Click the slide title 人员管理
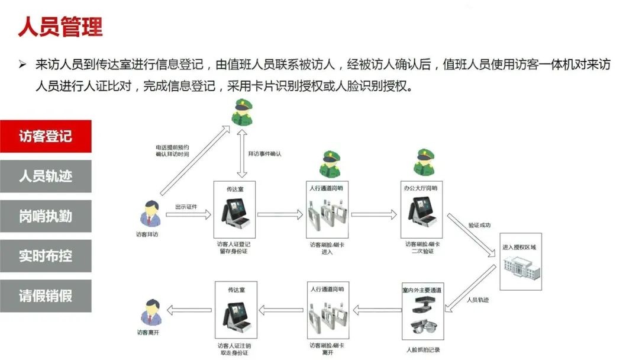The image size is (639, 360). (60, 27)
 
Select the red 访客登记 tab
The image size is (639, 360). (46, 136)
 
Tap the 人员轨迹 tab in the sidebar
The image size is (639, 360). (46, 176)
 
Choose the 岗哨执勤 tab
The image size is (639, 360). (46, 216)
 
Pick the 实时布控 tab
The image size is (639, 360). (46, 256)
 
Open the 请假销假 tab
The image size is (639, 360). (46, 296)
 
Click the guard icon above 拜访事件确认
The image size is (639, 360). (241, 112)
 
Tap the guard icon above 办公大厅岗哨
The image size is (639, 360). (424, 162)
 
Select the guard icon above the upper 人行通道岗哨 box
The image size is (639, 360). (330, 164)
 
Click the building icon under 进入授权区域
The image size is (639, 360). (521, 269)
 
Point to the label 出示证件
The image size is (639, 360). (185, 207)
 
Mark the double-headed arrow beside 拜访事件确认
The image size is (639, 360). (241, 153)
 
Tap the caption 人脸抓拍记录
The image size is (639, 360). (423, 349)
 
